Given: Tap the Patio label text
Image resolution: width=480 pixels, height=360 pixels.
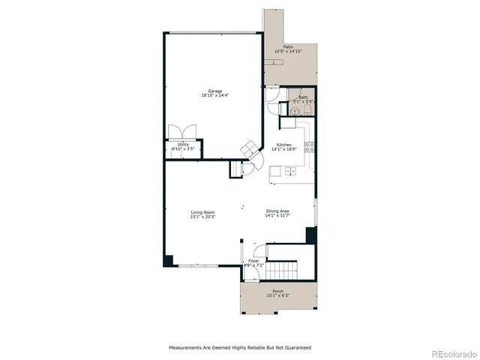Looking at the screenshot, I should point(288,46).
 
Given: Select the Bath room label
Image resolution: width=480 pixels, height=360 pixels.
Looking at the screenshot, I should point(303,97).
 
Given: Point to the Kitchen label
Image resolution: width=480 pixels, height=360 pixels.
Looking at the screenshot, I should point(284,144).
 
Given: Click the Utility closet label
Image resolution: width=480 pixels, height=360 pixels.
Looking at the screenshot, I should point(183,144).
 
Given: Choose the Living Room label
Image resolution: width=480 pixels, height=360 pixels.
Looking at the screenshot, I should point(203,212).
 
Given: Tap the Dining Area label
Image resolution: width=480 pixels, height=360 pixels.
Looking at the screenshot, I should point(277,211).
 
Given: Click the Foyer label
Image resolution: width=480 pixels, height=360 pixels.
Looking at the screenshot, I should point(253,261).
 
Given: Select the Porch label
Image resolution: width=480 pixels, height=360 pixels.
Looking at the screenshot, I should point(277,291).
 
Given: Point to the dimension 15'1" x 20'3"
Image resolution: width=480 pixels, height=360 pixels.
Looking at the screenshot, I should point(203,217).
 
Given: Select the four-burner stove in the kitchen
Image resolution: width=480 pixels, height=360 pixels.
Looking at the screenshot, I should point(310,146).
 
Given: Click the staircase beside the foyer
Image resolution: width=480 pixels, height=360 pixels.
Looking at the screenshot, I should point(283,268).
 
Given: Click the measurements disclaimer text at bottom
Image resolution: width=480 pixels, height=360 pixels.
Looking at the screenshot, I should point(239,348).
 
